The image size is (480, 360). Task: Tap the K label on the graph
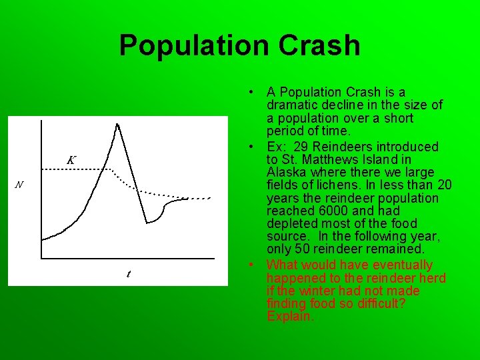click(x=71, y=160)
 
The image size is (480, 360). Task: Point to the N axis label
click(x=19, y=185)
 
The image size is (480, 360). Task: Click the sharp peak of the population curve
click(x=117, y=124)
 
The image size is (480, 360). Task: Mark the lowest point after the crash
click(x=147, y=223)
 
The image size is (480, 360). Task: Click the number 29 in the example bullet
click(x=307, y=147)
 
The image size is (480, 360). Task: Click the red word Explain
click(x=289, y=316)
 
